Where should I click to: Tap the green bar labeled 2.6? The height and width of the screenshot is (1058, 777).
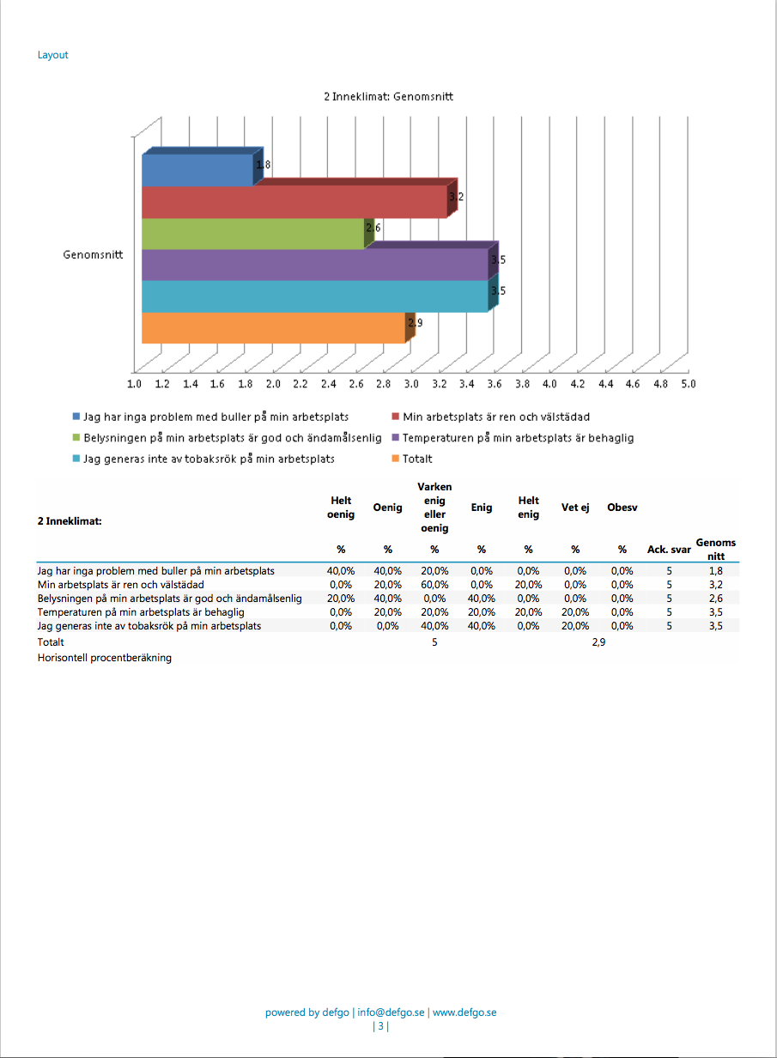click(x=252, y=234)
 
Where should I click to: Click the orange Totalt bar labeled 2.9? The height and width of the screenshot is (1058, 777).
click(x=274, y=328)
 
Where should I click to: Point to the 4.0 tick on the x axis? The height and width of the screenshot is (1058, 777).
click(x=549, y=384)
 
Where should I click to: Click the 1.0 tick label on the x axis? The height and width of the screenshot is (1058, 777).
click(x=134, y=384)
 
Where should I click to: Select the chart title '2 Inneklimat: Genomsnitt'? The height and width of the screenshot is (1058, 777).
click(x=388, y=97)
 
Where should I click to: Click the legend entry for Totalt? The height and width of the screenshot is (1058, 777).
click(x=412, y=459)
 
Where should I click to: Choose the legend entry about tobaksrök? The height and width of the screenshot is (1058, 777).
click(x=203, y=459)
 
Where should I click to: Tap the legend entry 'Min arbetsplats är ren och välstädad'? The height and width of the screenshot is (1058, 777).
click(x=491, y=417)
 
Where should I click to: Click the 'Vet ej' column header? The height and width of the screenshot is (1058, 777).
click(x=575, y=508)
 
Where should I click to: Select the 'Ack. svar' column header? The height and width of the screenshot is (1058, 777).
click(x=669, y=550)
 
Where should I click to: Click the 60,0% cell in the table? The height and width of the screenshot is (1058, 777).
click(x=434, y=585)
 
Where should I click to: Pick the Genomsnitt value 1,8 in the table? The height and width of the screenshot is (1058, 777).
click(x=715, y=571)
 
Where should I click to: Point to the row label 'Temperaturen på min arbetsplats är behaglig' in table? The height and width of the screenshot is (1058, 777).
click(x=141, y=612)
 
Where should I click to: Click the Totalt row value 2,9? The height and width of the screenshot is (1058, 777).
click(x=598, y=642)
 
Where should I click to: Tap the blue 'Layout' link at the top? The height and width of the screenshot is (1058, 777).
click(x=53, y=55)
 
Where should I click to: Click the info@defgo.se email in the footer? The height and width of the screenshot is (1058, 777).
click(x=391, y=1012)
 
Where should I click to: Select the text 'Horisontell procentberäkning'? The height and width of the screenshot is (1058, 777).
click(x=105, y=658)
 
